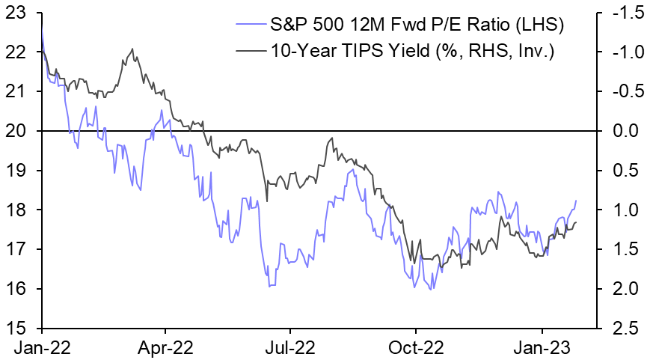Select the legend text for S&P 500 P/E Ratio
tap(416, 27)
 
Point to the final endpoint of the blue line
tap(576, 201)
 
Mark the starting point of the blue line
tap(41, 25)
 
